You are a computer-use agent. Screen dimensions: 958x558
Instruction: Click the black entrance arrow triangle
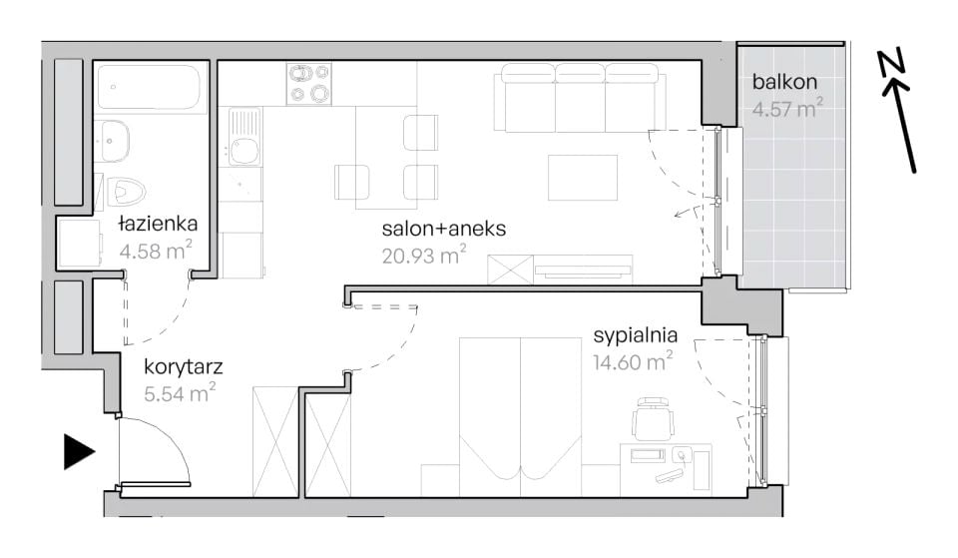78,452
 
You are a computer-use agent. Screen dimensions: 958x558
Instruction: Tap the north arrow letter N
892,65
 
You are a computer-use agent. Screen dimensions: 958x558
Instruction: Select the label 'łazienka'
158,224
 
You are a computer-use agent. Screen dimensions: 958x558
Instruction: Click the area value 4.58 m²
156,250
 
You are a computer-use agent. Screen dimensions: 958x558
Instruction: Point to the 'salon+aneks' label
443,229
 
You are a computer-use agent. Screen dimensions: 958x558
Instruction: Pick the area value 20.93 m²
424,255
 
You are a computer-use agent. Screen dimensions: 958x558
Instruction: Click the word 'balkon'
784,81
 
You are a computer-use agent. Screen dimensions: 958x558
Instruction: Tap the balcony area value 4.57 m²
787,108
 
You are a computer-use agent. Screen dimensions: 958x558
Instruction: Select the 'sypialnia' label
636,335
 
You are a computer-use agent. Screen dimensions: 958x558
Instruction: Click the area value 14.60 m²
633,361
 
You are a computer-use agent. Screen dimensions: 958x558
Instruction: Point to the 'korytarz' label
184,367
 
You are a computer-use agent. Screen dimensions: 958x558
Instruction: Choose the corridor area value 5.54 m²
180,393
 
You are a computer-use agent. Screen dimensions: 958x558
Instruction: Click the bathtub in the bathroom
151,88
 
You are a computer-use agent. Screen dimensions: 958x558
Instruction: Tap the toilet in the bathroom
126,192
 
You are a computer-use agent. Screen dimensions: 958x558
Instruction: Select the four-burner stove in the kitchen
309,84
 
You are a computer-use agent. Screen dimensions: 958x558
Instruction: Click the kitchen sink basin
243,151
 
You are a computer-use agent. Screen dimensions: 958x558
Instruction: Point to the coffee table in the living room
582,178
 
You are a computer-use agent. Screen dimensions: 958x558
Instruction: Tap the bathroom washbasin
111,141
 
